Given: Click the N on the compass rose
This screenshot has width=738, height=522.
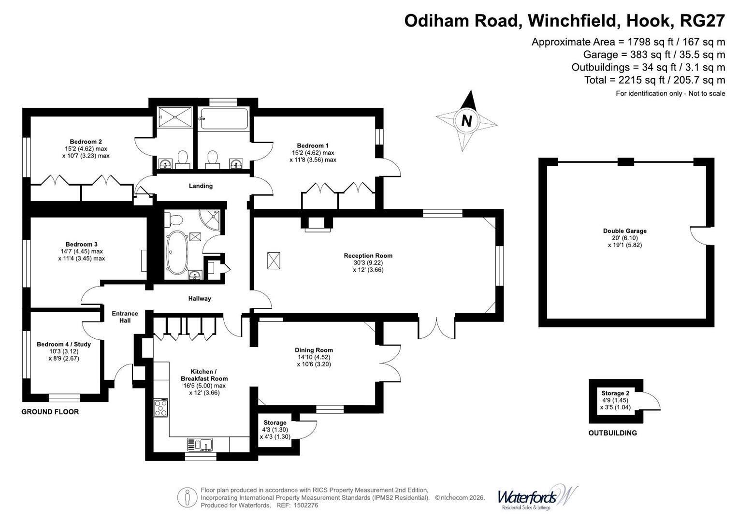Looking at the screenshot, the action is point(466,121).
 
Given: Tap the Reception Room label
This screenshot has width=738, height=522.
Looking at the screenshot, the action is point(368,256).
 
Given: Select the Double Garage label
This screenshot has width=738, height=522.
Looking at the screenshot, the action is point(624,231).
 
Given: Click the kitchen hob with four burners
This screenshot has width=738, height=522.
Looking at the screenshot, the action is point(161,407).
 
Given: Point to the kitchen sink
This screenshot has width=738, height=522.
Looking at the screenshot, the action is point(200,445).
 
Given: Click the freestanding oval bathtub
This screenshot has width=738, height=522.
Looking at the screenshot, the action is point(177,252).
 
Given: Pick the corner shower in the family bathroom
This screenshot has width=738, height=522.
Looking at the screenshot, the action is point(210,219).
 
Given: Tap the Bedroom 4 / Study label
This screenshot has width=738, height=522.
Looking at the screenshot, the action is point(64,344).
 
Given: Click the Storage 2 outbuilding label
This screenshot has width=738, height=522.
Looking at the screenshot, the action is point(615,393).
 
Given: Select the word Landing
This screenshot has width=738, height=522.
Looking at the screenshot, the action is point(201,186).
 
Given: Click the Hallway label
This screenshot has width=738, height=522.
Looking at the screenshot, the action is point(200,299).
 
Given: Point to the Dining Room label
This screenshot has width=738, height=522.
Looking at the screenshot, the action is point(314,350).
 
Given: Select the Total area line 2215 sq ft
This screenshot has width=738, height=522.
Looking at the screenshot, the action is point(655,80).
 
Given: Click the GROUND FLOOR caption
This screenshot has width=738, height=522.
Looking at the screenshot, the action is point(50,412).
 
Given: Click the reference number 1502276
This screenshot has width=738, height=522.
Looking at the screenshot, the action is point(305,505).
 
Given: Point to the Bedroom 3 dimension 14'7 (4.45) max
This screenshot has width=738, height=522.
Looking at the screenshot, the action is point(82,251).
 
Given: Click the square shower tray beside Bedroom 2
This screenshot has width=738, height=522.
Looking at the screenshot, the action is point(174,117).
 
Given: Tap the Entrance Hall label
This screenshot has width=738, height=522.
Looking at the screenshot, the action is point(125,317).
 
